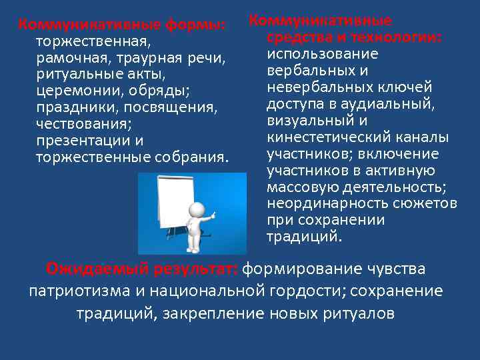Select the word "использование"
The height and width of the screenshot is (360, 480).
(322, 54)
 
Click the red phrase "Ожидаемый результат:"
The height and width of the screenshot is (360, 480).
(141, 269)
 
